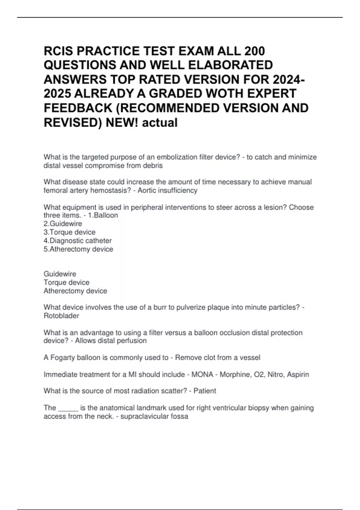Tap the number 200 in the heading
point(255,51)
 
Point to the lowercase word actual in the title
point(160,123)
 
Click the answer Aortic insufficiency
point(167,190)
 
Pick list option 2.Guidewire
point(63,224)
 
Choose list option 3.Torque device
point(69,232)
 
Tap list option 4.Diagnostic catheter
point(77,241)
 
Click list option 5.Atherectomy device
point(78,249)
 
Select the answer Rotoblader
point(61,316)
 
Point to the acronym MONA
point(202,375)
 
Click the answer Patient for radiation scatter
point(205,391)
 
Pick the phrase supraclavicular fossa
point(154,417)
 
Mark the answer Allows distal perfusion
point(111,341)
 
